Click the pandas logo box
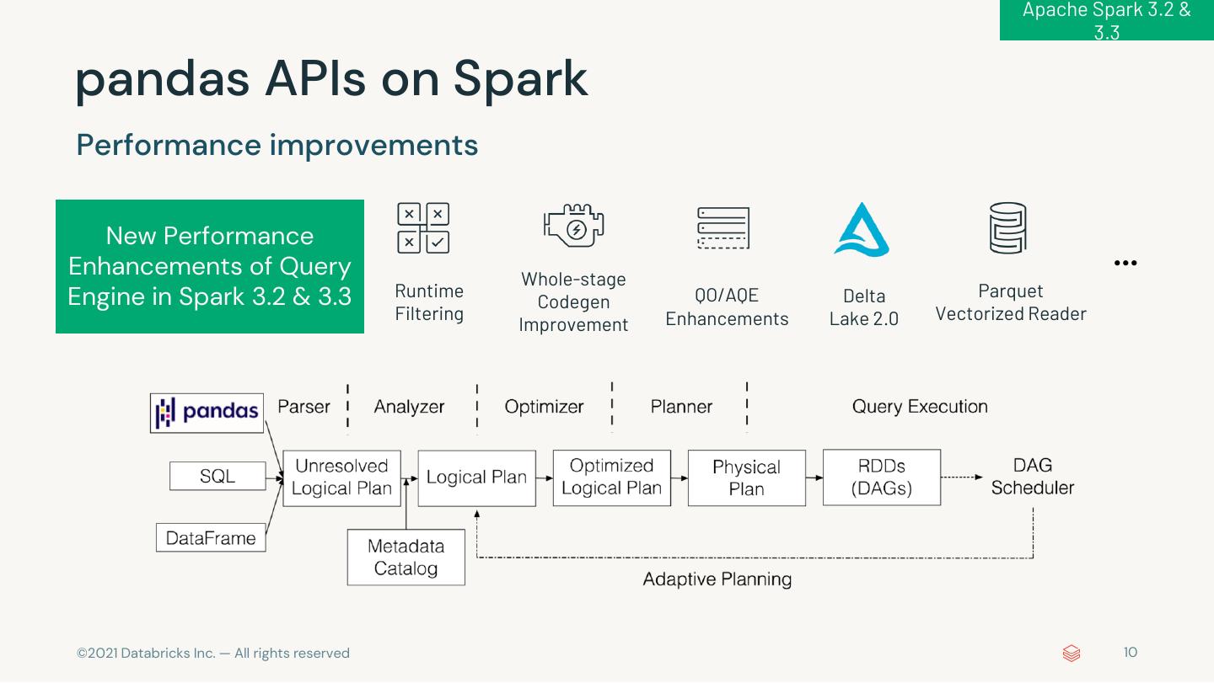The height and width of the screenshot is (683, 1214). [x=207, y=413]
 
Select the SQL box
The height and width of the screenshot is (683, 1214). [x=218, y=476]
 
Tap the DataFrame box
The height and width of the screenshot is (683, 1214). [x=211, y=537]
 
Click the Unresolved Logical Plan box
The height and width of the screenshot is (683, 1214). [x=341, y=478]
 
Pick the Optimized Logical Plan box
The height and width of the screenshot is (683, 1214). [x=611, y=478]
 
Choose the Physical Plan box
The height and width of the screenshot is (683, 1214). [x=746, y=478]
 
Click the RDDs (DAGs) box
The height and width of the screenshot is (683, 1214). [x=881, y=477]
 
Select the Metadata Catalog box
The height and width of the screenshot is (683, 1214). [x=406, y=557]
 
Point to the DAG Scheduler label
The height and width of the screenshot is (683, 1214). [x=1033, y=477]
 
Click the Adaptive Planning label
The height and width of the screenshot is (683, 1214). [x=717, y=579]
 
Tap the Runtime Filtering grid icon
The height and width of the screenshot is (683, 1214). [x=423, y=228]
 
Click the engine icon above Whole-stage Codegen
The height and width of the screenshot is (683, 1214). [x=574, y=225]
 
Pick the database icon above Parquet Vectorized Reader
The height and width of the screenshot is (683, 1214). [x=1008, y=228]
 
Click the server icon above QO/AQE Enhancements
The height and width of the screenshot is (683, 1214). [x=723, y=228]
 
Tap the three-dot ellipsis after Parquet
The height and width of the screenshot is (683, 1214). [x=1125, y=263]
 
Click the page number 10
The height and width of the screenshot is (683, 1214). [x=1130, y=652]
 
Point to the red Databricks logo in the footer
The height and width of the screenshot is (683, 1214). [x=1072, y=654]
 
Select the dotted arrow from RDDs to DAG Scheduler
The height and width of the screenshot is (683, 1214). [x=962, y=477]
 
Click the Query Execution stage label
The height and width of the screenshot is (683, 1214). [x=920, y=407]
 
